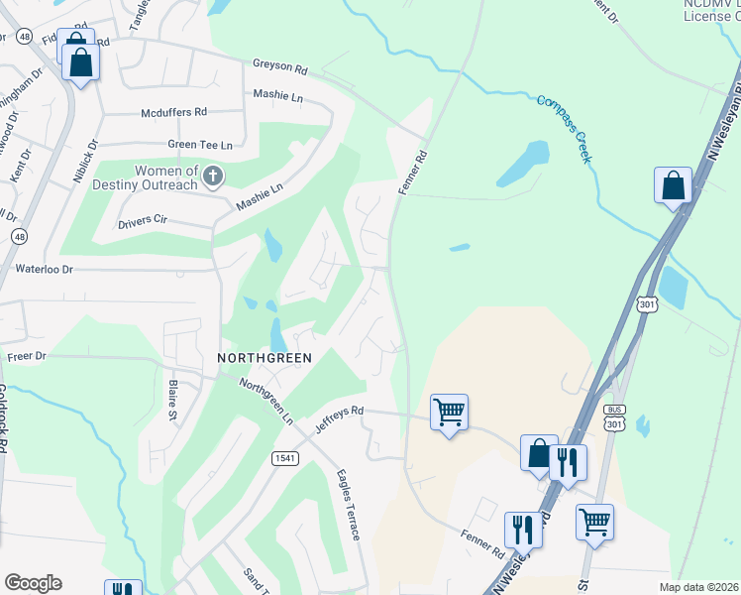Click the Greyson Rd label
[280, 66]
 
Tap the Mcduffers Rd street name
[173, 112]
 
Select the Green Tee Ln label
[200, 144]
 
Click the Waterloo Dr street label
[44, 269]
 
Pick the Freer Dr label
[26, 355]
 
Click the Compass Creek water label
[566, 128]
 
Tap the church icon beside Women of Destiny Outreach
[212, 178]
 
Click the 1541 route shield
[285, 457]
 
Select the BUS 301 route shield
[614, 417]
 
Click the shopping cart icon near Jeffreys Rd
[449, 412]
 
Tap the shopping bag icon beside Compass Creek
[673, 185]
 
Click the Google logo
[33, 582]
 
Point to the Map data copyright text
[698, 587]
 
